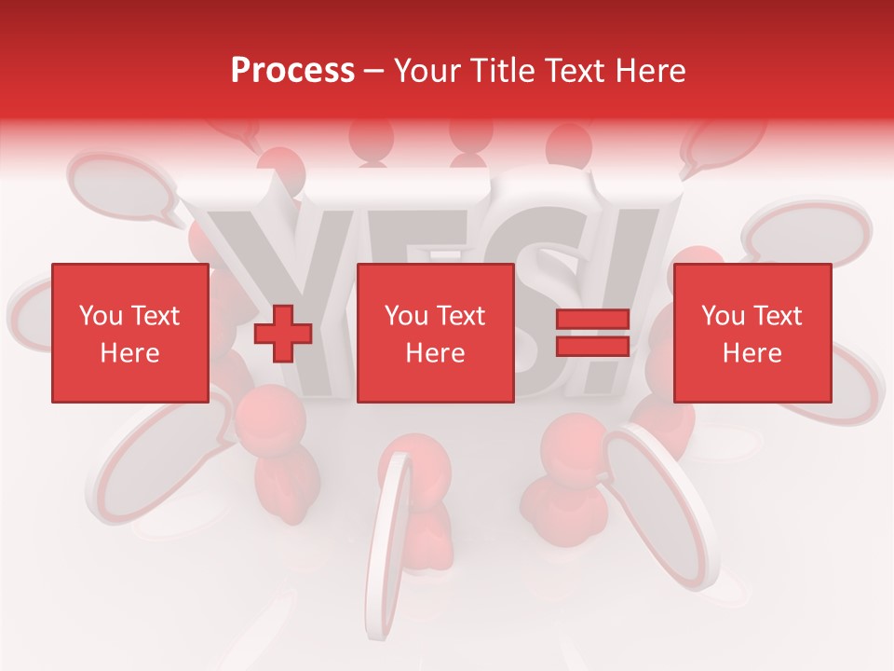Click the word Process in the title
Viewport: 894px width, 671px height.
click(x=292, y=71)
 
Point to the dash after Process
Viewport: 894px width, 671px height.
click(x=374, y=72)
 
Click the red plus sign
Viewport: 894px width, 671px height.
click(x=283, y=334)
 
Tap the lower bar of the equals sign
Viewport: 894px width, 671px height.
click(x=592, y=347)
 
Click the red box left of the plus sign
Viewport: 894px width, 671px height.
click(x=129, y=333)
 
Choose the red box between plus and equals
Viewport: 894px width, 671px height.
click(x=435, y=333)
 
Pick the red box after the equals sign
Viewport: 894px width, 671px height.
click(x=752, y=333)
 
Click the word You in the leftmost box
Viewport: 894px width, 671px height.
click(x=101, y=316)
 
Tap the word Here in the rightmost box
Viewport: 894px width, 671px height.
click(x=752, y=353)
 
